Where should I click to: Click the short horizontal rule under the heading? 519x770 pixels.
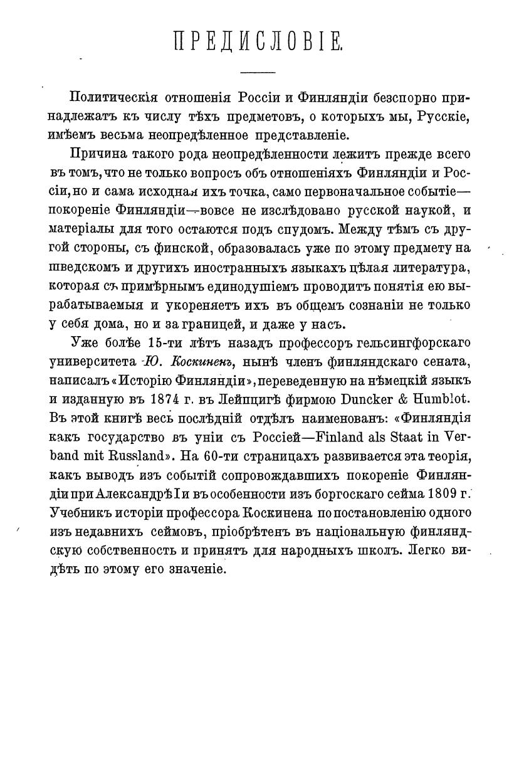(x=258, y=70)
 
